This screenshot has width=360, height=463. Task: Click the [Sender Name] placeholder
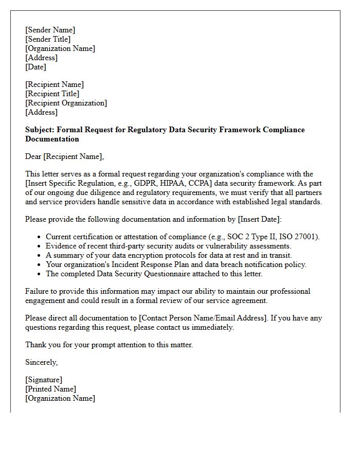pos(50,30)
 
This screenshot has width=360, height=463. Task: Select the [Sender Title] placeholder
pos(48,39)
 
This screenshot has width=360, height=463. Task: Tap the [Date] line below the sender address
pos(35,67)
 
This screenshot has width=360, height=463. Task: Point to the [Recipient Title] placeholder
pos(52,94)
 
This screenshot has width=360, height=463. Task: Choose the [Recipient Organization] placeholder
pos(66,103)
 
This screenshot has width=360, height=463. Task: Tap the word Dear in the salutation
pos(34,156)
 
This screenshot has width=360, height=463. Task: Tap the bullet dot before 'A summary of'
pos(40,256)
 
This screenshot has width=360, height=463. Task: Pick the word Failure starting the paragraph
pos(38,291)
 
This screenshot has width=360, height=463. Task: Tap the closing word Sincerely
pos(41,362)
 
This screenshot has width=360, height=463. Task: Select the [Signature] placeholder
pos(44,380)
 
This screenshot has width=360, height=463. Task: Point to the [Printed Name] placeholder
pos(50,389)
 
